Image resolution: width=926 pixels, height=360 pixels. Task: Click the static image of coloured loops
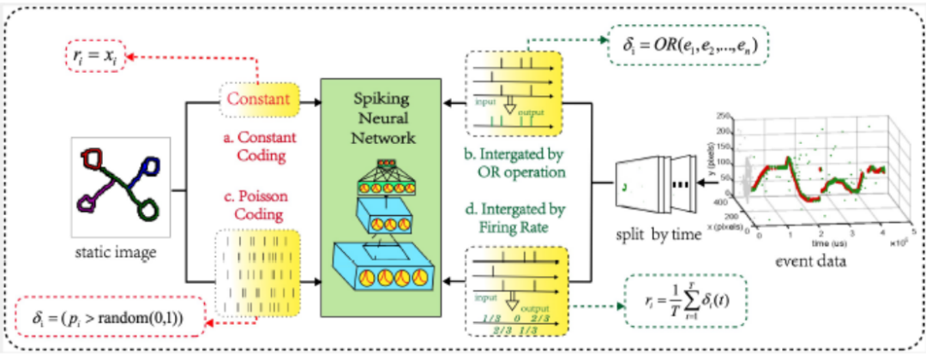116,188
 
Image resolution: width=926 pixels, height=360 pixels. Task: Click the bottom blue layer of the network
380,274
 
